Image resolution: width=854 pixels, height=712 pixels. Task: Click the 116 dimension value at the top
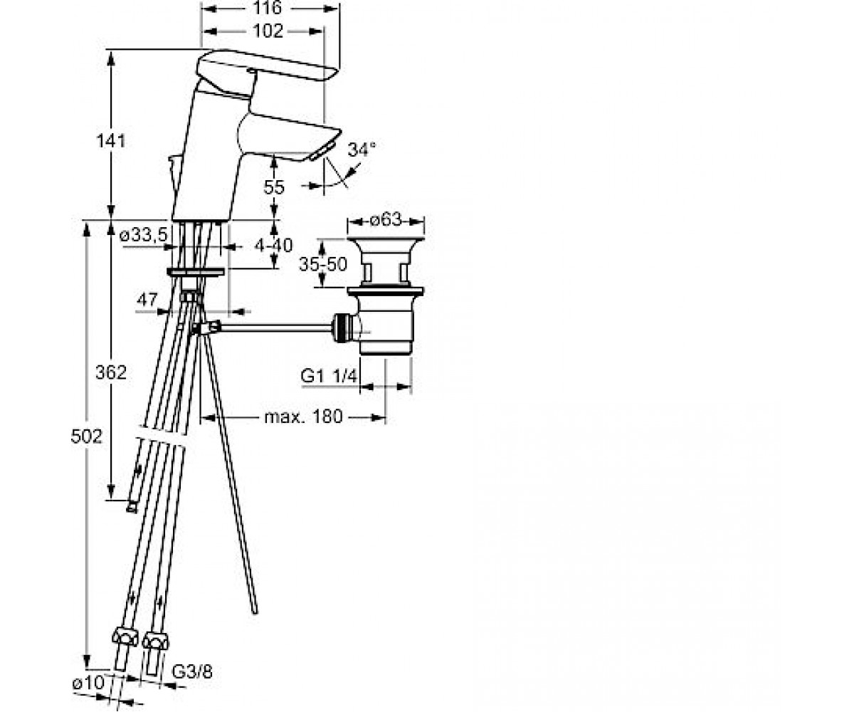coord(267,8)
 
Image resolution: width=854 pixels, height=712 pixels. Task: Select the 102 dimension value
coord(268,31)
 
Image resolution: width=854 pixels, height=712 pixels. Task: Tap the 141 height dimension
coord(111,141)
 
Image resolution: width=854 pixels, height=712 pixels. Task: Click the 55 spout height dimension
coord(273,188)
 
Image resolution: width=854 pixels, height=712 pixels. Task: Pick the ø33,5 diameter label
coord(144,235)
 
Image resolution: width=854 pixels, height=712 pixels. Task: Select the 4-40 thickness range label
coord(273,246)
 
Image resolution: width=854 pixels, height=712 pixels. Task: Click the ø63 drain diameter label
coord(386,221)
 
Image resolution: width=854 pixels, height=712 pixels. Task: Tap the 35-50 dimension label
coord(322,264)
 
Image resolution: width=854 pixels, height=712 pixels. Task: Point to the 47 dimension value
coord(147,300)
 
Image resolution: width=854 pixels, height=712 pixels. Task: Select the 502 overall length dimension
coord(86,437)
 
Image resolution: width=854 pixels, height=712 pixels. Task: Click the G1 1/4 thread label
coord(330,376)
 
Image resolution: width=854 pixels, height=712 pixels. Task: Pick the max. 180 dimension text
coord(303,417)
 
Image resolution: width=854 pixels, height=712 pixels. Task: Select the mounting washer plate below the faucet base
coord(196,272)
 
